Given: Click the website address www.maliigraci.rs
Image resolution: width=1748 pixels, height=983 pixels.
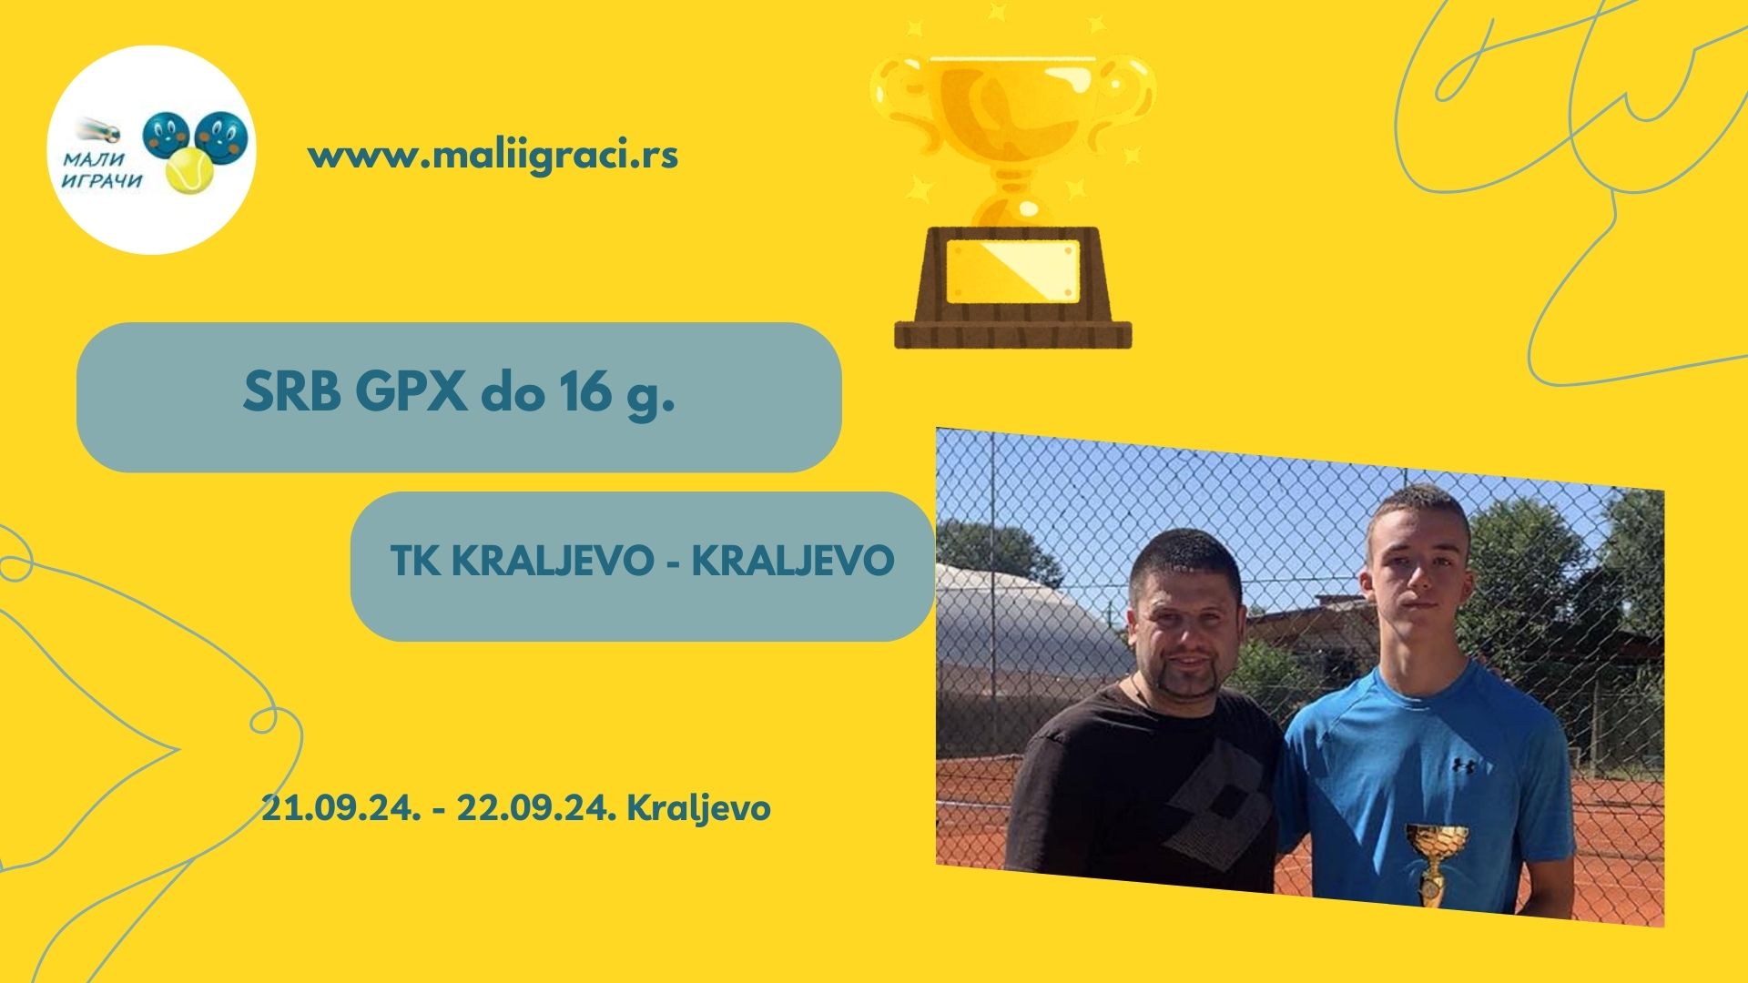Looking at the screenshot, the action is click(493, 156).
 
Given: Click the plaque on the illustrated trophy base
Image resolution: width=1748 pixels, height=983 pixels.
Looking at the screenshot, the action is click(1012, 269).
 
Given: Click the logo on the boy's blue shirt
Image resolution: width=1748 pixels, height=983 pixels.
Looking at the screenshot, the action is click(1463, 765).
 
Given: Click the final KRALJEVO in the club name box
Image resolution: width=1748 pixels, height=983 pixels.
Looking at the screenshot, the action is click(793, 561).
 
